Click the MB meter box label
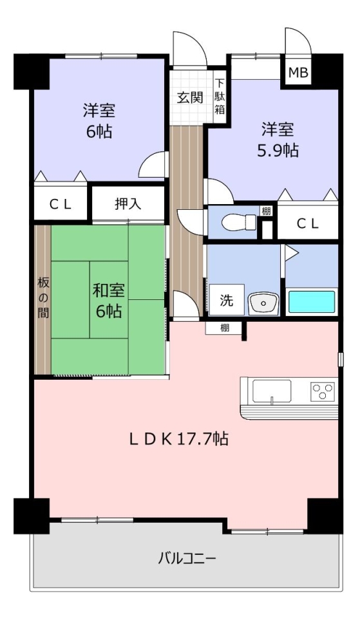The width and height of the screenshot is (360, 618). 298,73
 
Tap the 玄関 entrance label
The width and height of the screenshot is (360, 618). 190,97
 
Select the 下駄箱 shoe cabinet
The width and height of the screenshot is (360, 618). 220,97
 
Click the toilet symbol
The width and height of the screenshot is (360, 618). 239,223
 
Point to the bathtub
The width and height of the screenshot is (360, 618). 312,302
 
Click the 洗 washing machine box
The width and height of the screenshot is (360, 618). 226,300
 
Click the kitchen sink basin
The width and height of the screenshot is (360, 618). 272,391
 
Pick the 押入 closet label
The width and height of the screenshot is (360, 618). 128,204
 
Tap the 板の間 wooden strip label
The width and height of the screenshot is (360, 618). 43,297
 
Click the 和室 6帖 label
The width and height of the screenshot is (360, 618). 109,301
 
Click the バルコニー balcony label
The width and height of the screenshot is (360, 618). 187,559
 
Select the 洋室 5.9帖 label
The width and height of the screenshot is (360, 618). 278,140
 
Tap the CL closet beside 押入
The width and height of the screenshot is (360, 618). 61,204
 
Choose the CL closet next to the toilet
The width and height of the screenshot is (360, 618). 308,223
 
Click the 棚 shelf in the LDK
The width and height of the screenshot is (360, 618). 224,328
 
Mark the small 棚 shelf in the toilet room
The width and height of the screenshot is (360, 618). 267,211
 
